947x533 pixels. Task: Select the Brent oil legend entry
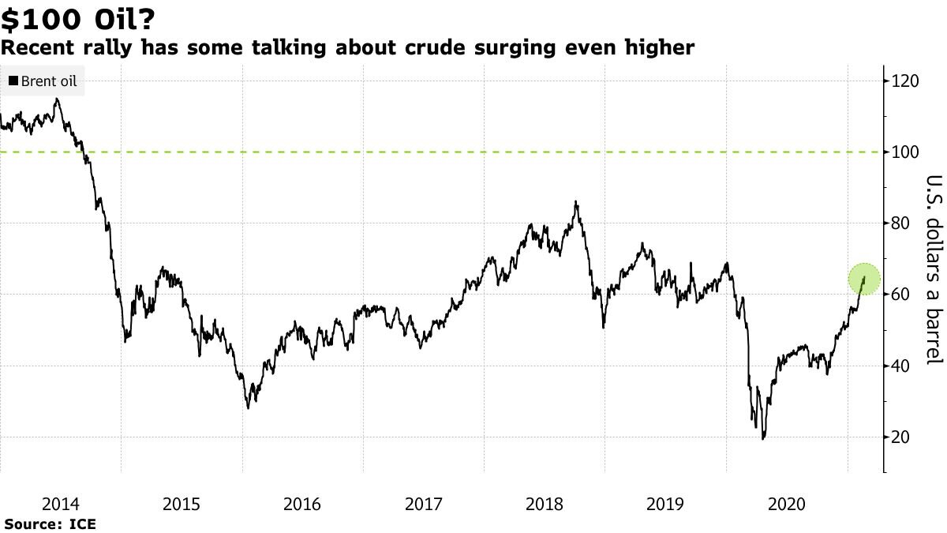43,81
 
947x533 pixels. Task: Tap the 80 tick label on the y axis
902,223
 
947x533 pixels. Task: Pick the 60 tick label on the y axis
902,295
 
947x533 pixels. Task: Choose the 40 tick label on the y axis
902,366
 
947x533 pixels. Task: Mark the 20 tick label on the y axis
902,437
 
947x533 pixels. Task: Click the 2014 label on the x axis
61,504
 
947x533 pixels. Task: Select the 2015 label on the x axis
182,504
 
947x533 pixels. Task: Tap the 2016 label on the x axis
302,504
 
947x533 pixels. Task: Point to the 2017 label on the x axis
424,504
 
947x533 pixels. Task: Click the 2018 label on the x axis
545,504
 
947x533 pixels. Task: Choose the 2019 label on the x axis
665,504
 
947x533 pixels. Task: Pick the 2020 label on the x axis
787,504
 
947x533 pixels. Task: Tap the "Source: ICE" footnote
50,524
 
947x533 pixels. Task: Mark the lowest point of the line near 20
763,438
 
